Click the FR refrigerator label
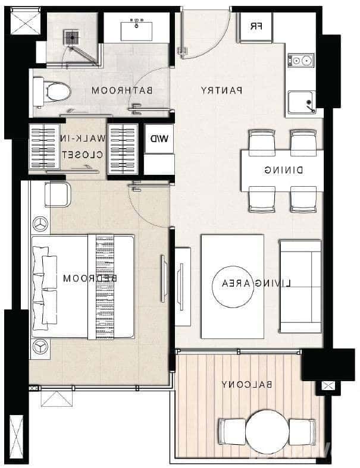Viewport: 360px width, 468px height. tap(255, 26)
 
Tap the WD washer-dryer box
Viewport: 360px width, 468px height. tap(159, 140)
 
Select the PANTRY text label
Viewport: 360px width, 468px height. tap(221, 91)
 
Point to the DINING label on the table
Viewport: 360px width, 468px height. tap(283, 170)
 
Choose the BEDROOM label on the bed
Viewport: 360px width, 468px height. tap(89, 278)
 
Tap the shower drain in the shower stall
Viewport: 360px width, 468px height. tap(71, 37)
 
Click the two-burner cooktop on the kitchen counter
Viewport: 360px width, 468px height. tap(301, 60)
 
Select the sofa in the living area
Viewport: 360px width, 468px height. tap(300, 286)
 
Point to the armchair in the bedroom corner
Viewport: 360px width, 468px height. tap(57, 194)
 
